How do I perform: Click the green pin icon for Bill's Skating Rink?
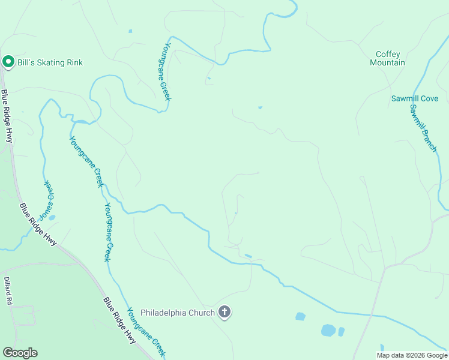click(8, 61)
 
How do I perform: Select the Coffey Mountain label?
click(387, 58)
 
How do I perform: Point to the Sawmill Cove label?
click(415, 98)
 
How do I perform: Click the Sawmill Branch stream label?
click(423, 128)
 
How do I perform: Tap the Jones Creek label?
click(47, 199)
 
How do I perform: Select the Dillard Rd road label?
click(8, 292)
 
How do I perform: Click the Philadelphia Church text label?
click(177, 313)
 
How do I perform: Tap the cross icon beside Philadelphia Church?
click(224, 312)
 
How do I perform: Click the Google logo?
click(20, 353)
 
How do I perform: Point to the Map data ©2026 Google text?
click(411, 355)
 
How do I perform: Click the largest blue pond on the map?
click(328, 330)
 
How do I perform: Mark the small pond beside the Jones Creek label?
click(52, 218)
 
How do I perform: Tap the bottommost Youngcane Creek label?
click(146, 333)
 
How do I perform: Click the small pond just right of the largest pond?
click(342, 331)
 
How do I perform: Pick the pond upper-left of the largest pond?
click(301, 316)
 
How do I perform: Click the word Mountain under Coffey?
click(387, 62)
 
